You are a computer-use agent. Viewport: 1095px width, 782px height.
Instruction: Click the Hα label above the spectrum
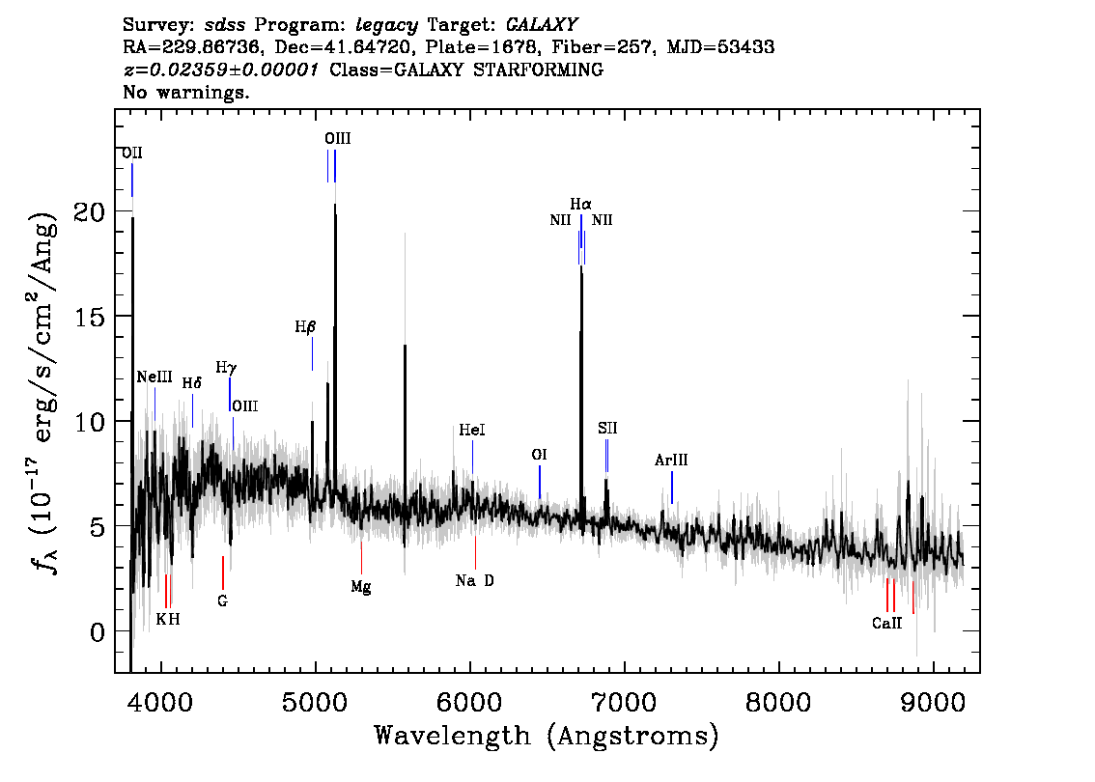(580, 205)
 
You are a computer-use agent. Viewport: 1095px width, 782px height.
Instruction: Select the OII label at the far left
(132, 154)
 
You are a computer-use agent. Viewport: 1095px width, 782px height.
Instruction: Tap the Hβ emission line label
(305, 327)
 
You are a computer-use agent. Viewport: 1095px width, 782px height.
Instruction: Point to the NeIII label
(154, 377)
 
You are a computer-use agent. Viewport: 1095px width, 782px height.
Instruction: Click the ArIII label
(671, 461)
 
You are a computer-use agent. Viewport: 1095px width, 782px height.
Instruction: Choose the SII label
(606, 428)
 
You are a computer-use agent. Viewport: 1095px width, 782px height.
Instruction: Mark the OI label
(540, 454)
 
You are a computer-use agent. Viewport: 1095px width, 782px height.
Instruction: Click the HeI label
(472, 431)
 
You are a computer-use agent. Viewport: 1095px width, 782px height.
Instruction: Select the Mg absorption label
(361, 586)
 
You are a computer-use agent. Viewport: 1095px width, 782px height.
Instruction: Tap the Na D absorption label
(475, 581)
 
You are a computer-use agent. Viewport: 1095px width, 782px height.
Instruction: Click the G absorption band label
(222, 600)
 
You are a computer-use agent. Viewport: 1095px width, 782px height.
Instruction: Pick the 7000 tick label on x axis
(625, 700)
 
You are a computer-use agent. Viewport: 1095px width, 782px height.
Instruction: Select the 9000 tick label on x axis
(934, 700)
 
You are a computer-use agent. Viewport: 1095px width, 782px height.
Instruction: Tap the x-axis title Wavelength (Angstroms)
(547, 737)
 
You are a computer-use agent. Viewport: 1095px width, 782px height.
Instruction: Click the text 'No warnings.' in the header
(186, 93)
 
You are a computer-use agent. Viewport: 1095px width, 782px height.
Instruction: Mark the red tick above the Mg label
(361, 558)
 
